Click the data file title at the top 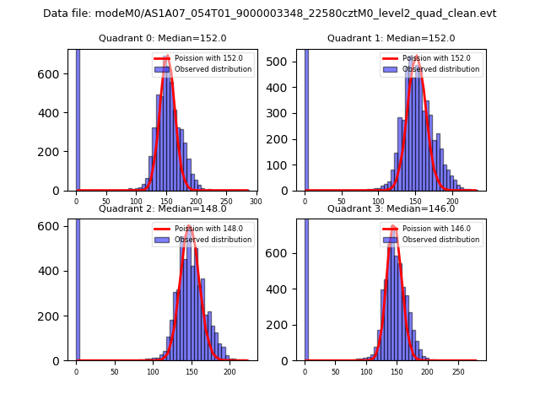tap(269, 13)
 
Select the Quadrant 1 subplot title tap(391, 38)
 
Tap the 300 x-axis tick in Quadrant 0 tap(255, 202)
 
